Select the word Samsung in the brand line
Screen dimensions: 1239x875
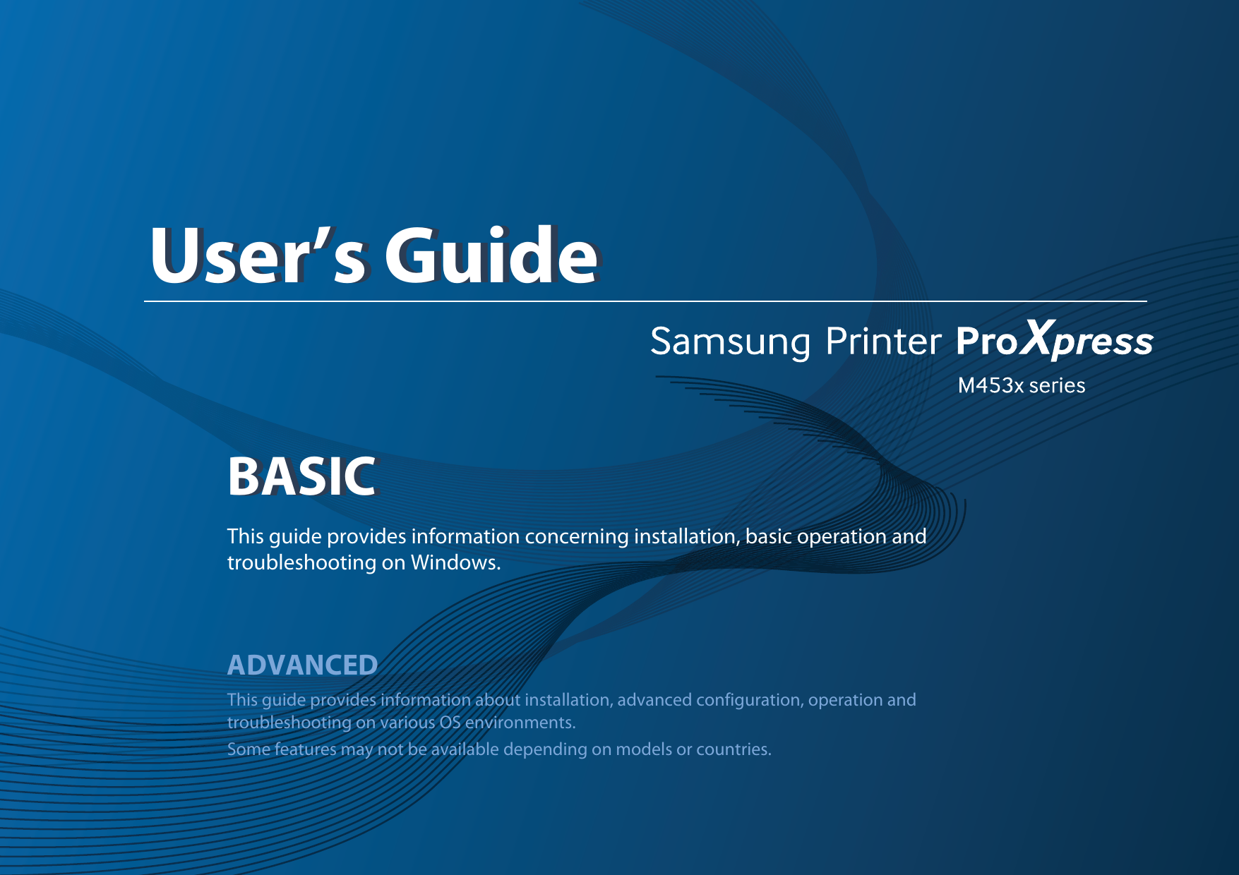click(730, 343)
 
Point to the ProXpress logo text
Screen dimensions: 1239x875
click(1055, 339)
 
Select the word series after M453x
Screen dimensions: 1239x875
click(1057, 385)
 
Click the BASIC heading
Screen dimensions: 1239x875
click(301, 476)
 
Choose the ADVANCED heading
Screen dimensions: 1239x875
click(302, 665)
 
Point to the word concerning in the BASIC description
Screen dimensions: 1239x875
click(576, 537)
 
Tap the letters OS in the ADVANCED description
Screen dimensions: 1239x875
click(450, 723)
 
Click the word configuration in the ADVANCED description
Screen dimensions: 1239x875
click(749, 700)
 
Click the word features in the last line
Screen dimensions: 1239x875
click(305, 749)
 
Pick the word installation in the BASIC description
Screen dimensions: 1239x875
click(685, 536)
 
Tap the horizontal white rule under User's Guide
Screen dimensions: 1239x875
click(645, 301)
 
